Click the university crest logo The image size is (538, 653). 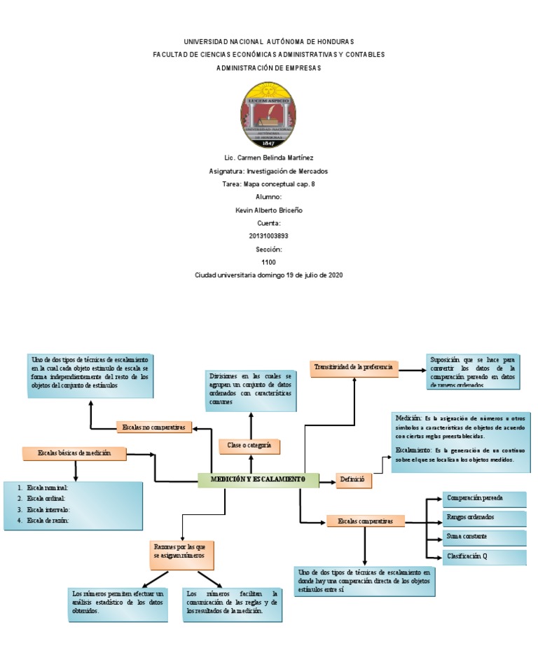pos(268,114)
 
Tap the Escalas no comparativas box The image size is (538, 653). pos(154,427)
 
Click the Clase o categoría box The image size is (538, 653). pos(249,445)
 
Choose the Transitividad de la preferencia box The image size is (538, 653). pos(354,367)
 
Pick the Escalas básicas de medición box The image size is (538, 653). pos(75,454)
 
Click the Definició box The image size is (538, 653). pos(354,480)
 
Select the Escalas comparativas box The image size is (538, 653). pos(366,521)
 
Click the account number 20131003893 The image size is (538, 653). pos(268,236)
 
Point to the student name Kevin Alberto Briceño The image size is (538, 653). pos(268,210)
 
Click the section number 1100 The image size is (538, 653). pos(268,262)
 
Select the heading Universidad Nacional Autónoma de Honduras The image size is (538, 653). pos(268,42)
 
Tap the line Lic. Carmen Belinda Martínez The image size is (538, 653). pos(268,158)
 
